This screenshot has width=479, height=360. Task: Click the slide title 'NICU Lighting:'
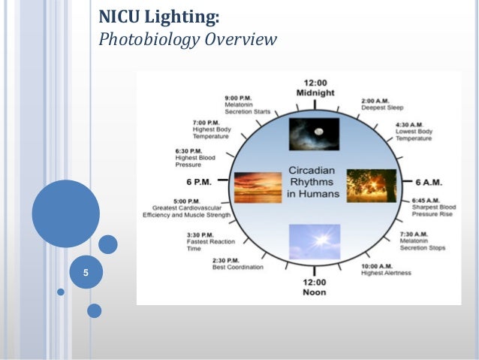click(x=159, y=15)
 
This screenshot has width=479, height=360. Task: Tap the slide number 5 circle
click(x=86, y=273)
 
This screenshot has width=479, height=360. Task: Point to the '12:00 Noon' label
click(x=315, y=286)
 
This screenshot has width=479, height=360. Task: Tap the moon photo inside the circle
click(x=315, y=134)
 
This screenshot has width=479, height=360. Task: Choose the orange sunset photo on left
click(x=258, y=186)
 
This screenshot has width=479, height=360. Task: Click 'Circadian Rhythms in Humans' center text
click(x=315, y=182)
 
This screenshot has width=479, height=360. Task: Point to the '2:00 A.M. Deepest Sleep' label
click(x=381, y=104)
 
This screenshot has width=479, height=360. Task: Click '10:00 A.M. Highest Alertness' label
click(x=386, y=268)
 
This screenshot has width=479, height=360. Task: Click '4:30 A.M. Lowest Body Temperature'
click(x=413, y=131)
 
